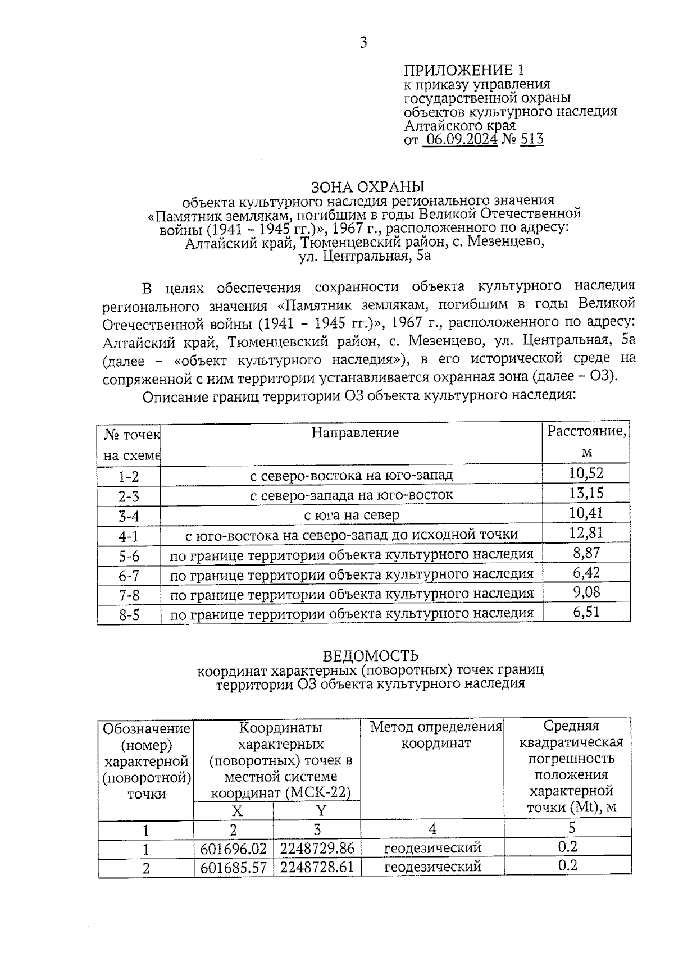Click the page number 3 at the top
[363, 43]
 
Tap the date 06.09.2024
[461, 139]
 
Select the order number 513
[531, 139]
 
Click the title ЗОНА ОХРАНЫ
[368, 186]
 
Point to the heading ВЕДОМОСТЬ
[370, 656]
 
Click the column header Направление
[355, 432]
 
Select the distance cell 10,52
[586, 473]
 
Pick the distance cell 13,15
[586, 493]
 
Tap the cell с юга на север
[352, 515]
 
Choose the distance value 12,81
[586, 532]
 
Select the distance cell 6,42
[586, 573]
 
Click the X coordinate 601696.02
[234, 848]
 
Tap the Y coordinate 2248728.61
[317, 867]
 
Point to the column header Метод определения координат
[435, 735]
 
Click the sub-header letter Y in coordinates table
[321, 810]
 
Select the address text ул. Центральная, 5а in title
[364, 257]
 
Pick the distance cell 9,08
[586, 592]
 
